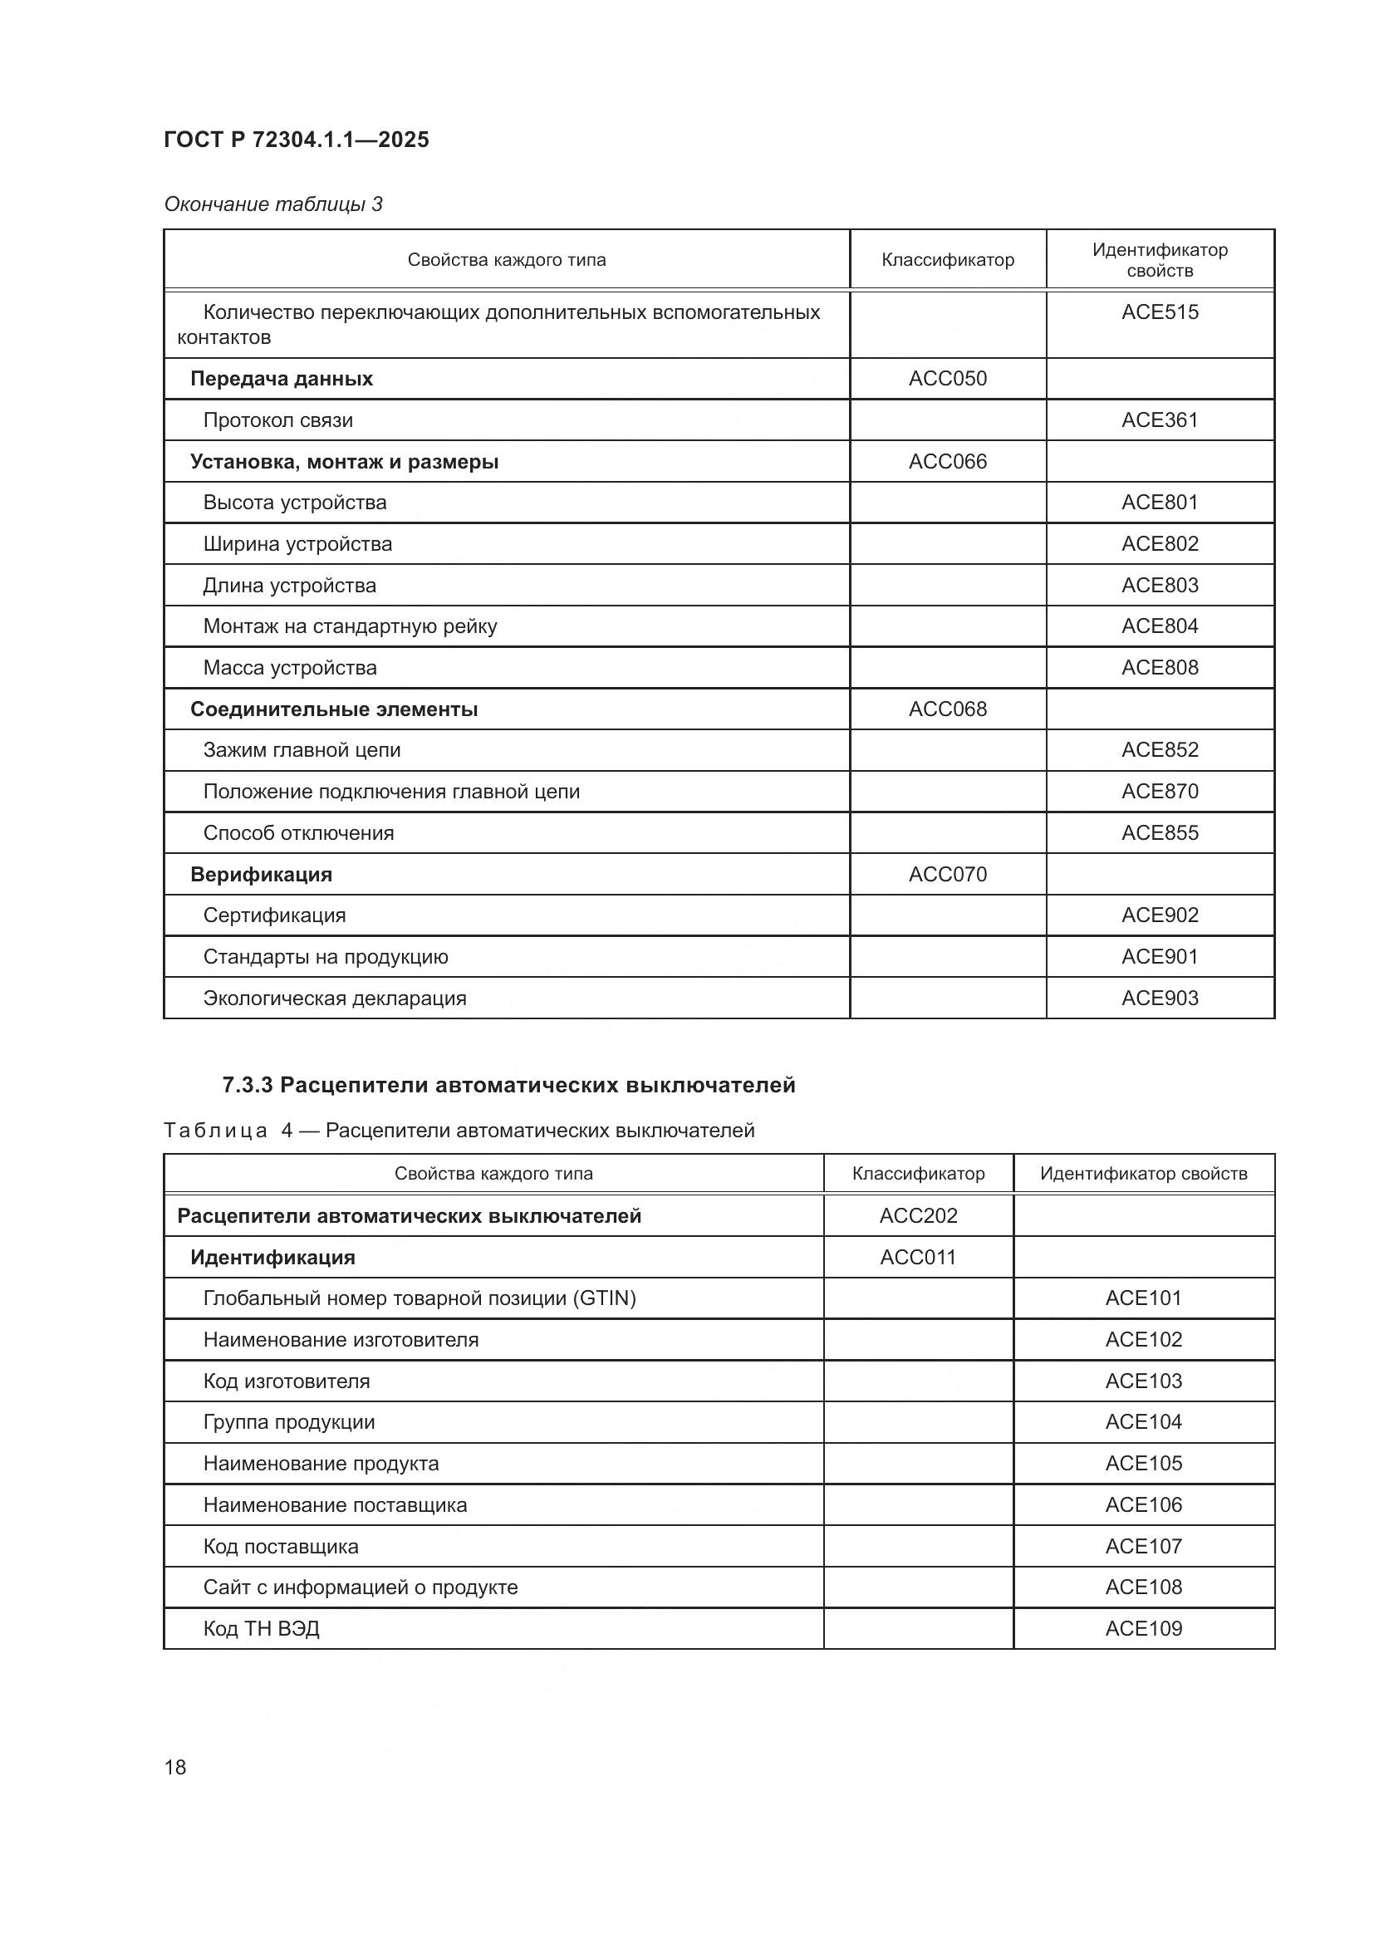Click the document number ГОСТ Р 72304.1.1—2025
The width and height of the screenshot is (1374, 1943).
pyautogui.click(x=296, y=140)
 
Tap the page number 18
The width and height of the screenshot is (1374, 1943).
pyautogui.click(x=175, y=1767)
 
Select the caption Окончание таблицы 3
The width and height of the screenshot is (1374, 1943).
pyautogui.click(x=273, y=204)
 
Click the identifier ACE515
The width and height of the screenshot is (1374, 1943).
pyautogui.click(x=1159, y=312)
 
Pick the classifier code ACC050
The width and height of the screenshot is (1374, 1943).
pyautogui.click(x=947, y=378)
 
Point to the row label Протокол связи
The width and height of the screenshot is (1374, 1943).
pyautogui.click(x=277, y=420)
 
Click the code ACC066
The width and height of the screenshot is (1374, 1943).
pyautogui.click(x=947, y=461)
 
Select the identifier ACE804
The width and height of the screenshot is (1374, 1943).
pyautogui.click(x=1159, y=626)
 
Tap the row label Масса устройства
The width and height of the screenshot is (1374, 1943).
pyautogui.click(x=289, y=668)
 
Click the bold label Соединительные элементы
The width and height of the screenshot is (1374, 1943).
pyautogui.click(x=333, y=709)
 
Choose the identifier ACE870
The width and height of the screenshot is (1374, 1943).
pyautogui.click(x=1159, y=792)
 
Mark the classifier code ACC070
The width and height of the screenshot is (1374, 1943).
pyautogui.click(x=947, y=874)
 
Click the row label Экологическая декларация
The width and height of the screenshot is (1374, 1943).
pyautogui.click(x=334, y=998)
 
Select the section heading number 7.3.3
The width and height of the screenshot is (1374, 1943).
pyautogui.click(x=247, y=1085)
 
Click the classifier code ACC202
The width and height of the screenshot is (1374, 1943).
pyautogui.click(x=918, y=1216)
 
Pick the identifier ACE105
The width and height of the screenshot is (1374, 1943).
pyautogui.click(x=1143, y=1463)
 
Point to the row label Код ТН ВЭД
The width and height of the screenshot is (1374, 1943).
pyautogui.click(x=261, y=1629)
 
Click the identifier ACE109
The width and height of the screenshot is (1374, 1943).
pyautogui.click(x=1143, y=1629)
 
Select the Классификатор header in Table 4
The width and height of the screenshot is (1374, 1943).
pyautogui.click(x=918, y=1174)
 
